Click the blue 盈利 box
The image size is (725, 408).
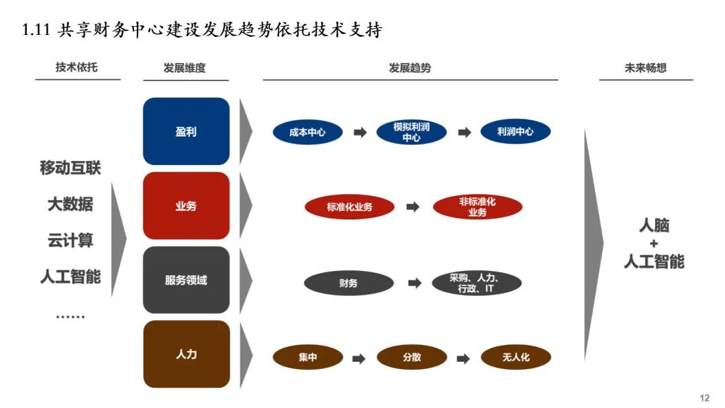pos(186,132)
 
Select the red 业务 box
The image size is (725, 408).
pos(186,206)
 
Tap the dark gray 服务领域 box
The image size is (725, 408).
pos(186,280)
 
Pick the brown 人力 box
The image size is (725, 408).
pos(186,354)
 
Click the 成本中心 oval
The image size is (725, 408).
pos(307,132)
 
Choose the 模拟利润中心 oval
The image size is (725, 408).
pos(412,132)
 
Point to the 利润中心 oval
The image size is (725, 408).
pos(516,132)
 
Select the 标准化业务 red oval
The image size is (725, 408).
pos(349,207)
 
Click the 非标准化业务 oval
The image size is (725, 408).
pos(477,207)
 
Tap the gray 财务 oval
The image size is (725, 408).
pos(348,283)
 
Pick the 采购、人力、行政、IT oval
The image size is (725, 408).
pos(477,283)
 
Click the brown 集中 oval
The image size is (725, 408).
pos(307,358)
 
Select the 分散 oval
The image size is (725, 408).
pos(412,358)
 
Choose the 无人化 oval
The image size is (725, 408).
pos(516,358)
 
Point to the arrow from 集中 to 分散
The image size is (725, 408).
pos(359,358)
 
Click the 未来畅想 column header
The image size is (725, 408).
pos(645,68)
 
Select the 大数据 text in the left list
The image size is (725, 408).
pos(70,204)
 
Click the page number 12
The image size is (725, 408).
pos(704,398)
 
